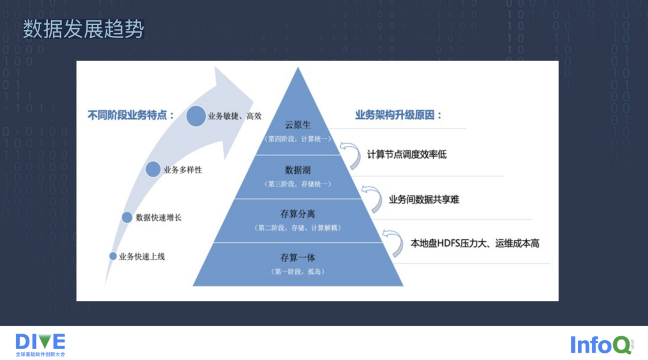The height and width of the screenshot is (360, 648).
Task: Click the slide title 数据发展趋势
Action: pos(83,29)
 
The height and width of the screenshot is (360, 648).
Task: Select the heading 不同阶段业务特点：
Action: pos(131,115)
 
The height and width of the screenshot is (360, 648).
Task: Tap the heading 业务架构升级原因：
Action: pos(398,115)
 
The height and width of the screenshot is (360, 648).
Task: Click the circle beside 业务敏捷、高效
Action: pos(196,116)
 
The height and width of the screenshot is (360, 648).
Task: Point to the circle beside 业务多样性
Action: pos(153,170)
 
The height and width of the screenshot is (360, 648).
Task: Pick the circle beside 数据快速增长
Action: pos(127,217)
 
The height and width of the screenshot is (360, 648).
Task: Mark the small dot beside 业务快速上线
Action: pos(113,256)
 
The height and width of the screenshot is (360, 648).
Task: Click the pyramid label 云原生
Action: pos(298,125)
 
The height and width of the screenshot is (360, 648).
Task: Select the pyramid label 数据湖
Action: pos(298,169)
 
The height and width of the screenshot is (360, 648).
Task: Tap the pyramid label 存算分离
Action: pos(298,214)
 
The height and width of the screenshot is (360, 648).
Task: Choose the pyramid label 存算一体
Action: pos(298,258)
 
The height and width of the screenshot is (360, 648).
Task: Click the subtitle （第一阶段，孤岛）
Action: pos(298,272)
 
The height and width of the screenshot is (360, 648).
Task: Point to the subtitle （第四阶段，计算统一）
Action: pos(298,139)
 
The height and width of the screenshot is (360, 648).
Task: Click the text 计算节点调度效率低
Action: pos(407,155)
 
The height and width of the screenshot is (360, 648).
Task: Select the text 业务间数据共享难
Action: pos(424,200)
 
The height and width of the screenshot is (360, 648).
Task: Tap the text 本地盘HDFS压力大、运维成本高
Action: pos(475,244)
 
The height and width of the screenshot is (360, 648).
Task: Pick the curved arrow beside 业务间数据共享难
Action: pos(372,197)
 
